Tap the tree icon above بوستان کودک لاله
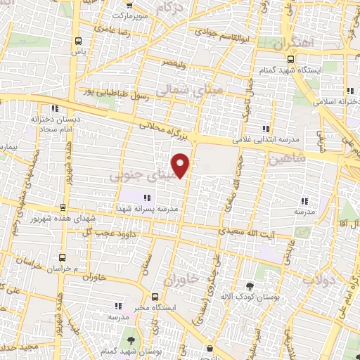250,286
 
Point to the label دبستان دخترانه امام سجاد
55,124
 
